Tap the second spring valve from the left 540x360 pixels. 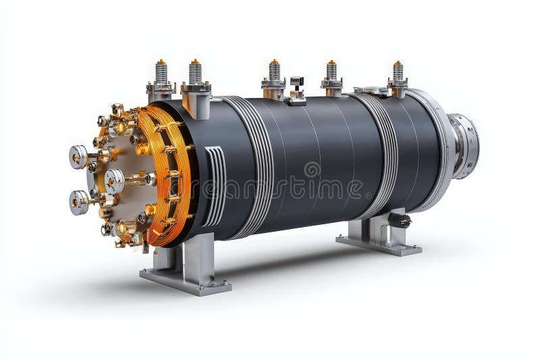195,74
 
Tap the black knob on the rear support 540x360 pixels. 400,220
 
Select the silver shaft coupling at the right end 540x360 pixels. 464,145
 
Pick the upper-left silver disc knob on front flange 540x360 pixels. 78,157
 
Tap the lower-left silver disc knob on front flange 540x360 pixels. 78,202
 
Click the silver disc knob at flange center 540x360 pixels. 115,181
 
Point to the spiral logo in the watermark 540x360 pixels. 312,169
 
